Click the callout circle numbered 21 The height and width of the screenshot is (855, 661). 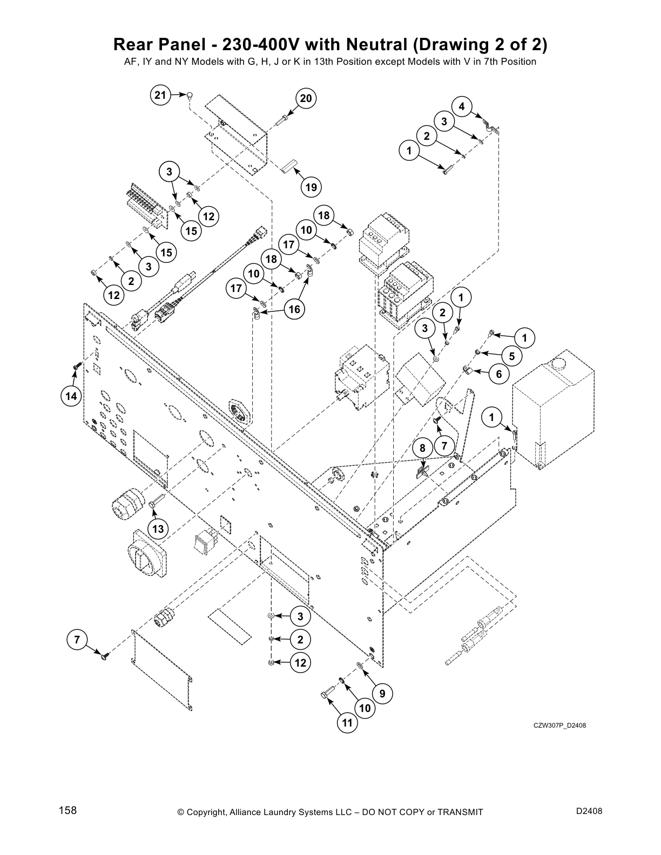[160, 96]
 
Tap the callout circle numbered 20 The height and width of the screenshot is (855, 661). [306, 98]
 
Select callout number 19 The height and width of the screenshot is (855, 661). [311, 187]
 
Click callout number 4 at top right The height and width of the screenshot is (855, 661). [462, 106]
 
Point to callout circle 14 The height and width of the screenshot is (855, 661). [71, 397]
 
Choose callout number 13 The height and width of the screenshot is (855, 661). [158, 528]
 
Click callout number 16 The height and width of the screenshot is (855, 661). [294, 309]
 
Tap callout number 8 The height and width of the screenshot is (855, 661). [423, 448]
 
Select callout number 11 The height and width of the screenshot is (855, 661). [348, 723]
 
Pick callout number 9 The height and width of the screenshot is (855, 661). [382, 694]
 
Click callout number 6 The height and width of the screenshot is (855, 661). [498, 374]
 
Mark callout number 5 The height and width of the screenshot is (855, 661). [511, 356]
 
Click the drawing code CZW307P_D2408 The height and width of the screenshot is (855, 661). [559, 725]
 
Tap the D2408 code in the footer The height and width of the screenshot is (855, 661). [589, 811]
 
